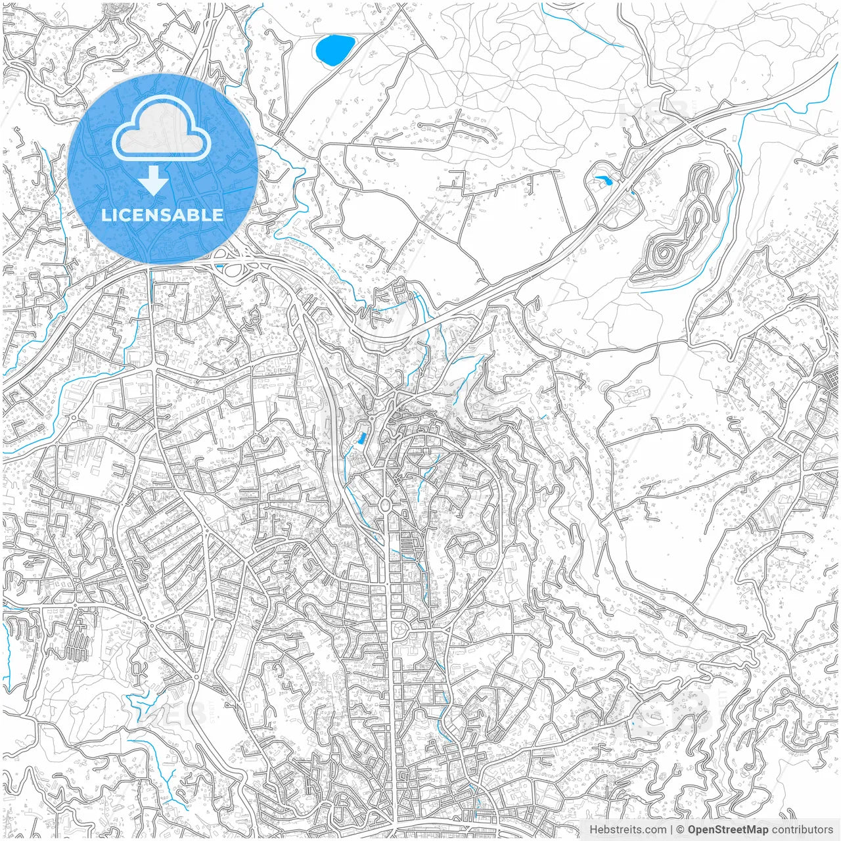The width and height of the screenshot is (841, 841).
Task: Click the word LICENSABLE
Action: click(162, 215)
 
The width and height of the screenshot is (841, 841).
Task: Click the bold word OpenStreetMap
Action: click(728, 830)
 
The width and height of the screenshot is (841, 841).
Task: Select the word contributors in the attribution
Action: click(802, 830)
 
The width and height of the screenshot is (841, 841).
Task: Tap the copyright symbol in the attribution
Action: click(681, 830)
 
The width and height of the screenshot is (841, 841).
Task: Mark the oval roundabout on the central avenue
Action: click(385, 505)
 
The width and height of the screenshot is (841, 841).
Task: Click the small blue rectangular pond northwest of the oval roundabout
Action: click(360, 438)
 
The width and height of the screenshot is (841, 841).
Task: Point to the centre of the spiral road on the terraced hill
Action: click(664, 252)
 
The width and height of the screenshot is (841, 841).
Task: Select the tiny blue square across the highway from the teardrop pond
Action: click(632, 193)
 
